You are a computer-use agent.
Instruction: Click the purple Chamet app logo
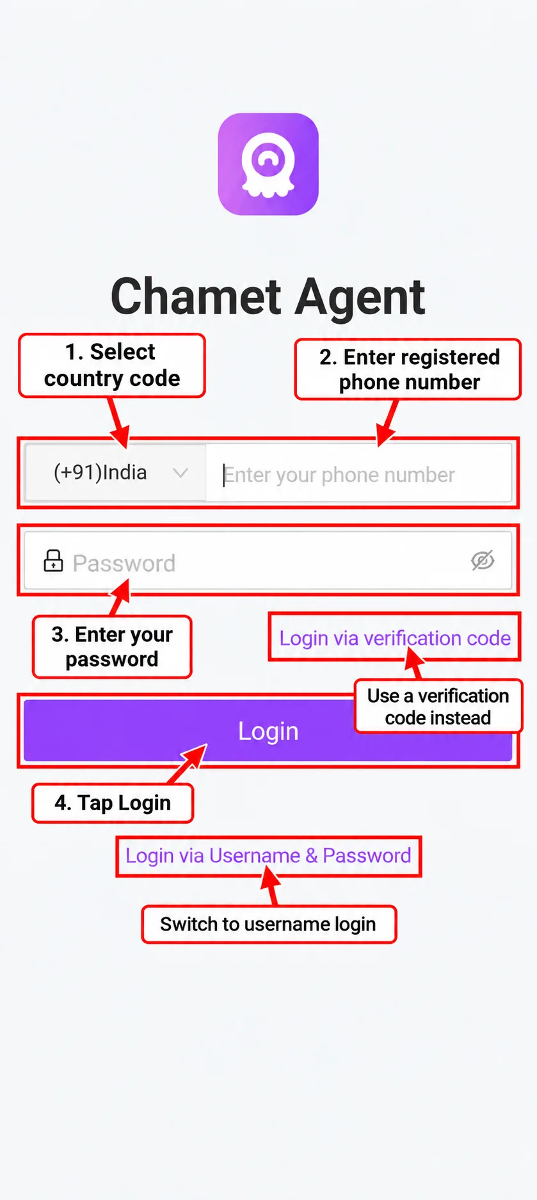pyautogui.click(x=268, y=164)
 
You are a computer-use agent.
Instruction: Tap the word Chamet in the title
pyautogui.click(x=196, y=296)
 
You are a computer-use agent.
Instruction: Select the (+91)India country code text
pyautogui.click(x=100, y=472)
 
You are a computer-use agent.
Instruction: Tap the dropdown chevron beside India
pyautogui.click(x=180, y=473)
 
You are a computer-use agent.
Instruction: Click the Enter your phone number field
pyautogui.click(x=358, y=474)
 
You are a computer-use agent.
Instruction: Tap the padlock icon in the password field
pyautogui.click(x=53, y=561)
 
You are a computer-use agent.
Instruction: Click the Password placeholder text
pyautogui.click(x=124, y=563)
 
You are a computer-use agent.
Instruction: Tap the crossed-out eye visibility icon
pyautogui.click(x=483, y=560)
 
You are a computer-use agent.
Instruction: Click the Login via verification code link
pyautogui.click(x=395, y=638)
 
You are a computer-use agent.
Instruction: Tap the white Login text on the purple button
pyautogui.click(x=268, y=731)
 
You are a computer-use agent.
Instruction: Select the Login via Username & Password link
pyautogui.click(x=268, y=856)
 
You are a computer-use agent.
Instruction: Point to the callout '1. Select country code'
pyautogui.click(x=112, y=365)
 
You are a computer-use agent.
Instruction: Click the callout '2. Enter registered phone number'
pyautogui.click(x=408, y=369)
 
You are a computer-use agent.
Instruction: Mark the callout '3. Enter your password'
pyautogui.click(x=112, y=646)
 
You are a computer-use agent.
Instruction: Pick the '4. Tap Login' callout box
pyautogui.click(x=113, y=803)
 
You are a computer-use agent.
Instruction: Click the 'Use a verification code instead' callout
pyautogui.click(x=438, y=707)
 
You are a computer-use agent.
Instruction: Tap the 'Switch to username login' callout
pyautogui.click(x=269, y=924)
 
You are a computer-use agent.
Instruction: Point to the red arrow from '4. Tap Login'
pyautogui.click(x=188, y=764)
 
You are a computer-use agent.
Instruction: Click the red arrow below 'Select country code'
pyautogui.click(x=119, y=422)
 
